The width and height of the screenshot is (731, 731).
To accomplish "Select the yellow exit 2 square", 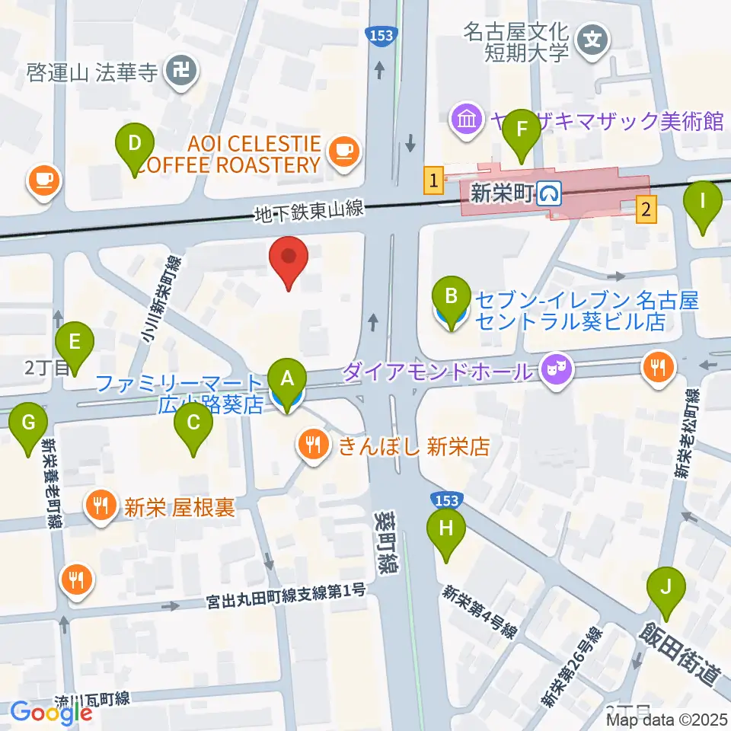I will pyautogui.click(x=646, y=207).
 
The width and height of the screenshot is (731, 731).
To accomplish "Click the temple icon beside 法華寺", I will pyautogui.click(x=184, y=72).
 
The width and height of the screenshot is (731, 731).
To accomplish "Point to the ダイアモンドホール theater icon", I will pyautogui.click(x=554, y=371).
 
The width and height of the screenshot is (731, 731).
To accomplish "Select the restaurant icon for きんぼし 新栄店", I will pyautogui.click(x=314, y=445).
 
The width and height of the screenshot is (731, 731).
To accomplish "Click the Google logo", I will pyautogui.click(x=51, y=713).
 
